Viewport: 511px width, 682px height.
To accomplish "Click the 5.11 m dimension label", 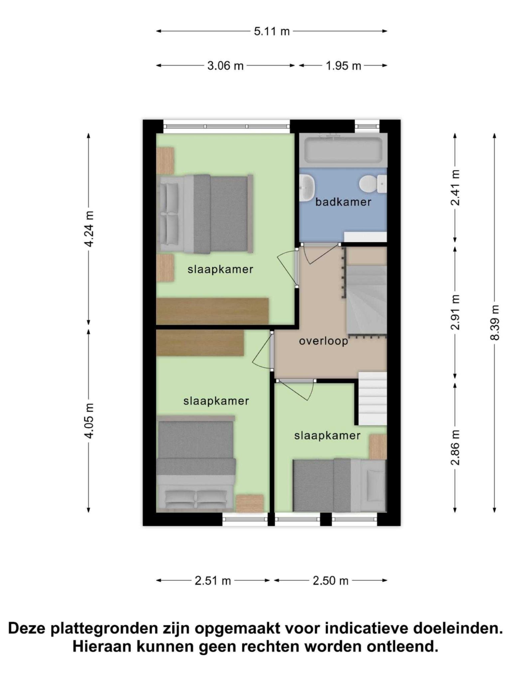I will [271, 31].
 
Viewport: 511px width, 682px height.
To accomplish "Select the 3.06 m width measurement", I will [225, 66].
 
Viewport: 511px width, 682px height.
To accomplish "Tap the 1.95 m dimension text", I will [343, 66].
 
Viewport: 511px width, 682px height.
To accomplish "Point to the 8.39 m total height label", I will [494, 322].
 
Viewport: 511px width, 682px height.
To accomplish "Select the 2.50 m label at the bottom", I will [330, 581].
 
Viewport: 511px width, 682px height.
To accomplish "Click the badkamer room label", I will [343, 202].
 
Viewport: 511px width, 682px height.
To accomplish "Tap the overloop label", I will [323, 341].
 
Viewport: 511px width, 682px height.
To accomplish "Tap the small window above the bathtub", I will [367, 126].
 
